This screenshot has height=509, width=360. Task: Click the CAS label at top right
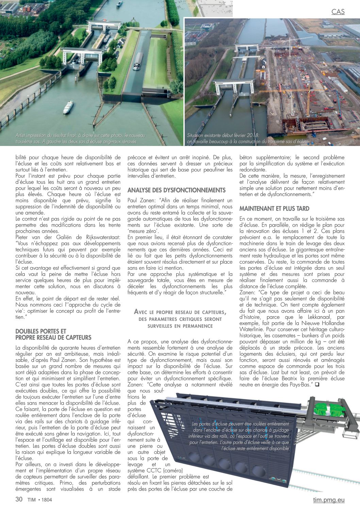coord(338,12)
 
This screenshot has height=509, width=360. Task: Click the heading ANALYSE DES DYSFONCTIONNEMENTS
coord(176,190)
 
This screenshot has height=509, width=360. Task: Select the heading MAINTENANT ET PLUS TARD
coord(274,209)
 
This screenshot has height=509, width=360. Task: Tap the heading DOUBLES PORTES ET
coord(41,331)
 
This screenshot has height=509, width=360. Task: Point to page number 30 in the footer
coord(19,499)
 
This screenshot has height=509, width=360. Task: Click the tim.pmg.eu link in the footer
coord(329,500)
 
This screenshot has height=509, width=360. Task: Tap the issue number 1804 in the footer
coord(47,500)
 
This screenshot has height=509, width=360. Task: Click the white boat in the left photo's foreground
coord(68,107)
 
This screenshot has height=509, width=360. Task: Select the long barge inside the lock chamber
coord(137,61)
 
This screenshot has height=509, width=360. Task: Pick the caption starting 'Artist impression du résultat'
coord(80,138)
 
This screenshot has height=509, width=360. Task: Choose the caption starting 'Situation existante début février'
coord(248,138)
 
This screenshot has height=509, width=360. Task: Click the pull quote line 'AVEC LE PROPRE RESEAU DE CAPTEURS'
coord(180,312)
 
